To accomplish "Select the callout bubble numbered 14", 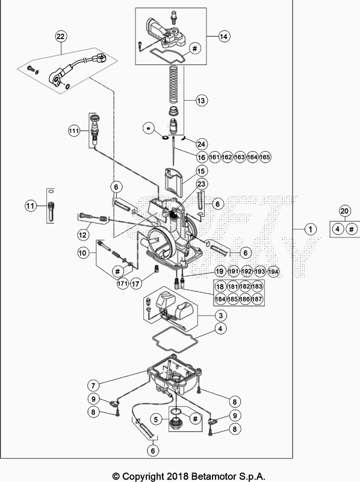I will tap(224, 37).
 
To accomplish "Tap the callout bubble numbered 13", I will tap(200, 99).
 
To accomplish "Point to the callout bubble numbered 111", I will tap(74, 130).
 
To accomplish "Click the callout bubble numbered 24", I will tap(201, 143).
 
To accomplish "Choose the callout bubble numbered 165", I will tap(265, 157).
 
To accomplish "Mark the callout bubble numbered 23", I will tap(200, 184).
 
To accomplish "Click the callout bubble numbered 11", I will tap(29, 206).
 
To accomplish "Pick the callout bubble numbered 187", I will tap(257, 298).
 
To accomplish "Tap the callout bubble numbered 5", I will tap(155, 419).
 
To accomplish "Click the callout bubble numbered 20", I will tap(344, 211).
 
